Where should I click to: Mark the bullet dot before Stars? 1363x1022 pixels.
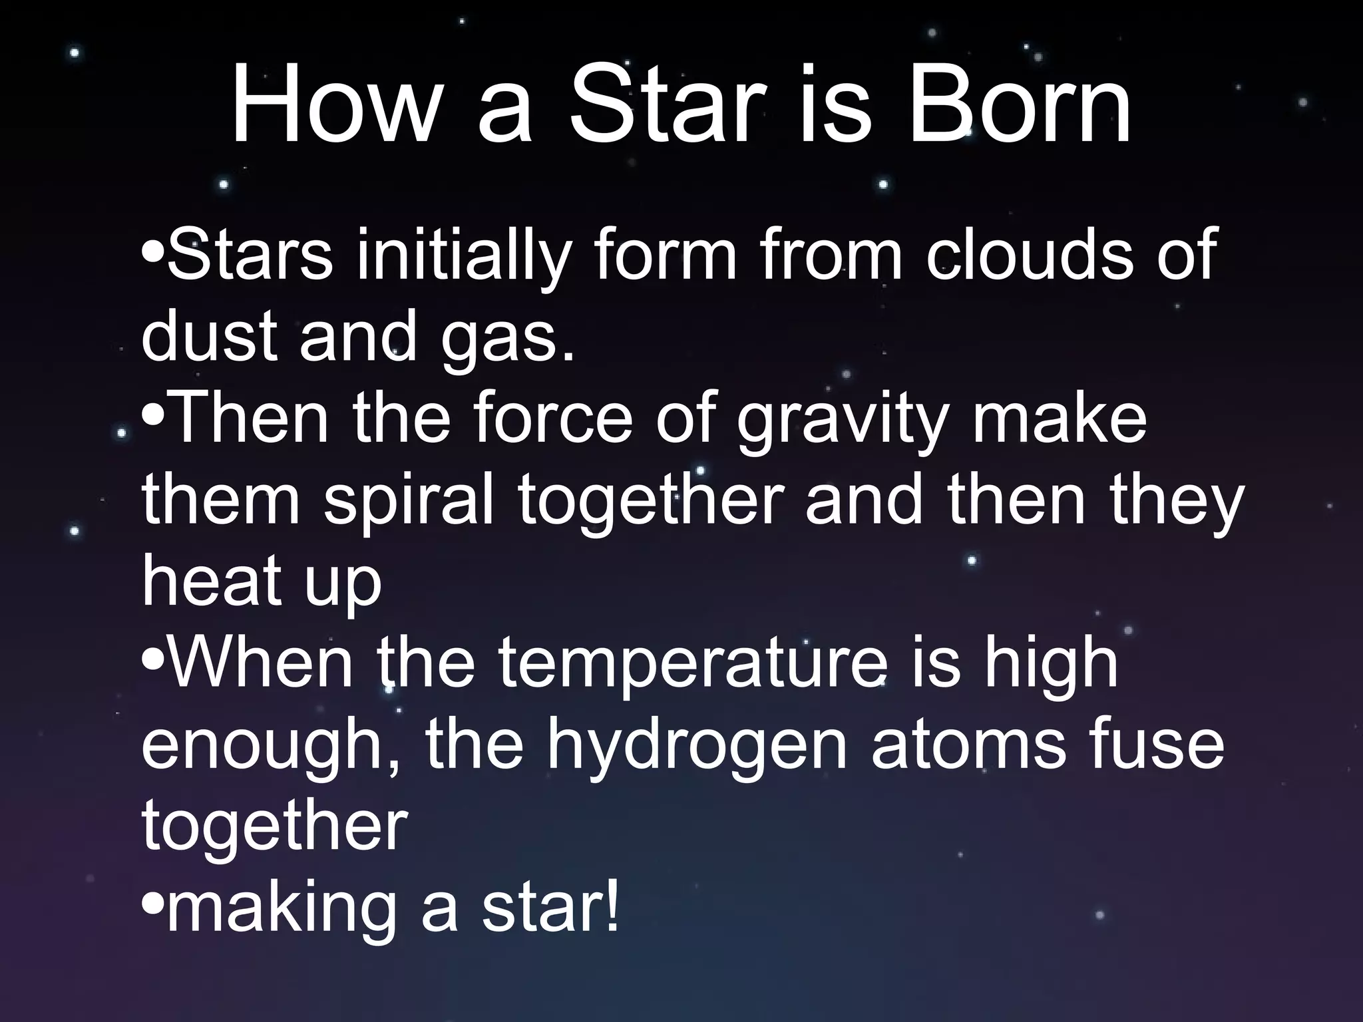[x=153, y=253]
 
